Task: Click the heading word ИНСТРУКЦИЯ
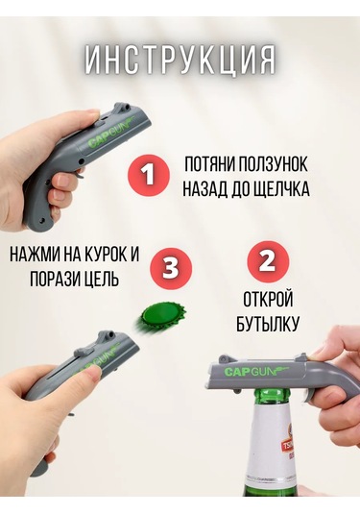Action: [x=180, y=60]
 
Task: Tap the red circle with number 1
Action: [x=148, y=174]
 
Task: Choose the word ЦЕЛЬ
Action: [x=101, y=281]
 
